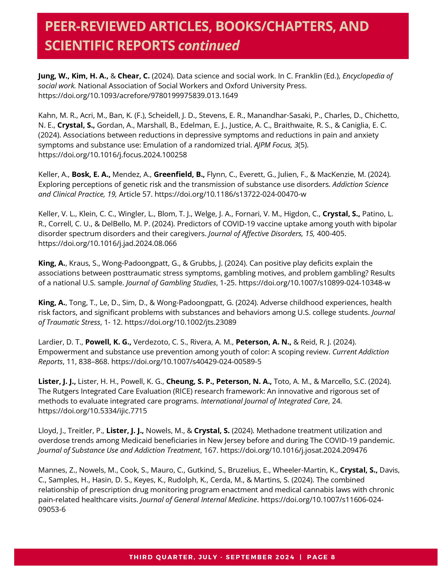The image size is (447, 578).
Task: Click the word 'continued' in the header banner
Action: [209, 46]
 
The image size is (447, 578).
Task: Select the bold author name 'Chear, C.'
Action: [133, 76]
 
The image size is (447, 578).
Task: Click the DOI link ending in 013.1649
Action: [138, 95]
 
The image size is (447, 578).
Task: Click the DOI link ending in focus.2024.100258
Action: [113, 155]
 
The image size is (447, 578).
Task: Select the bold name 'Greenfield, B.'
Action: [179, 174]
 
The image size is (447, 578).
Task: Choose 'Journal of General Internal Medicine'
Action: [199, 500]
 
